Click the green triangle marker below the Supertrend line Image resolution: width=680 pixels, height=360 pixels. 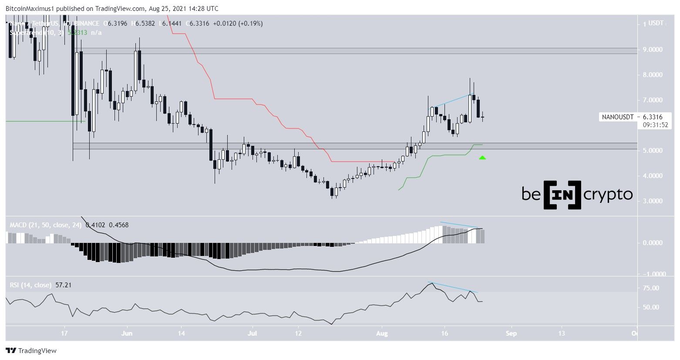coord(482,157)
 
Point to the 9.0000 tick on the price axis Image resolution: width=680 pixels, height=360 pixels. coord(653,50)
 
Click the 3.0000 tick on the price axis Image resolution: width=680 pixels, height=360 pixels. coord(653,201)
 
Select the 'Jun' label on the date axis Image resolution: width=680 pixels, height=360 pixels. coord(127,334)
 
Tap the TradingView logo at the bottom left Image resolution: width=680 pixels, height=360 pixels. coord(31,350)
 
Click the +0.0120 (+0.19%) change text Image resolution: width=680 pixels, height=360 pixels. coord(238,24)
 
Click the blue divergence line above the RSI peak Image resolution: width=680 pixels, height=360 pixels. coord(453,287)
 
